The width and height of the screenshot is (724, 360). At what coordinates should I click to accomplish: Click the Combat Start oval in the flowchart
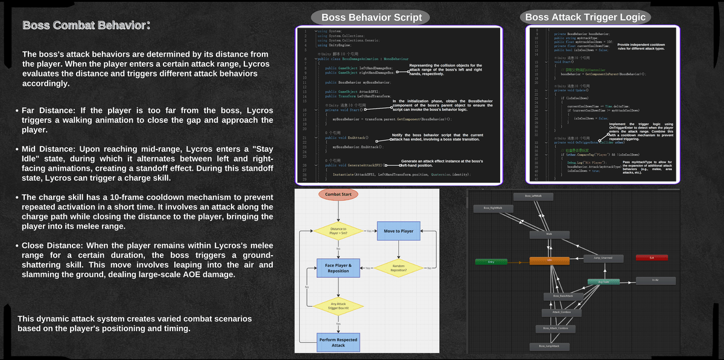pos(338,195)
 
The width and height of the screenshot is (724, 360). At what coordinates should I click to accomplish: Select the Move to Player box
pos(399,231)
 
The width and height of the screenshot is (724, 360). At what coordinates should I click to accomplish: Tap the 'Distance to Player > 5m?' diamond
pos(337,231)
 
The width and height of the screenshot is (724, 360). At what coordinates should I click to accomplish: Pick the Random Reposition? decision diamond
pos(399,268)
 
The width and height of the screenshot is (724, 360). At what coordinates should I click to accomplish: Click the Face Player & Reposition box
pos(338,268)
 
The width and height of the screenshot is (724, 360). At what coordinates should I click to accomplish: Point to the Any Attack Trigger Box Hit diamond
pos(338,306)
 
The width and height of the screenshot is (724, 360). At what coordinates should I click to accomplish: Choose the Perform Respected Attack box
pos(338,341)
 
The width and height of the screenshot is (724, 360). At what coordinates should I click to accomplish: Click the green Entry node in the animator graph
pos(491,261)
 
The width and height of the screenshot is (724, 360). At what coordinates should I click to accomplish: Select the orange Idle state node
pos(550,261)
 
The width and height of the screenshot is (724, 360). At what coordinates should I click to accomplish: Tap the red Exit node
pos(652,258)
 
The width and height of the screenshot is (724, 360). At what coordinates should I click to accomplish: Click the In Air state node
pos(656,280)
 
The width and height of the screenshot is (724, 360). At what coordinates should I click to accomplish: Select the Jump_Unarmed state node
pos(604,258)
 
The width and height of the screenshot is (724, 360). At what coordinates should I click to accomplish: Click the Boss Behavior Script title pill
pos(370,17)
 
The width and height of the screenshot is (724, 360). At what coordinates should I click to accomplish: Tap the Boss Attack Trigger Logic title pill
pos(585,17)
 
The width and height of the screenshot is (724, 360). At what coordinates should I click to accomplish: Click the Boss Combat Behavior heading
pos(84,26)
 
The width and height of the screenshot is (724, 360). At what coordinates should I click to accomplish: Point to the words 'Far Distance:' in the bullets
pos(48,111)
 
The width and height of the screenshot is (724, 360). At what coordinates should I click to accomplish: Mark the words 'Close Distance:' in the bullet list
pos(52,245)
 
